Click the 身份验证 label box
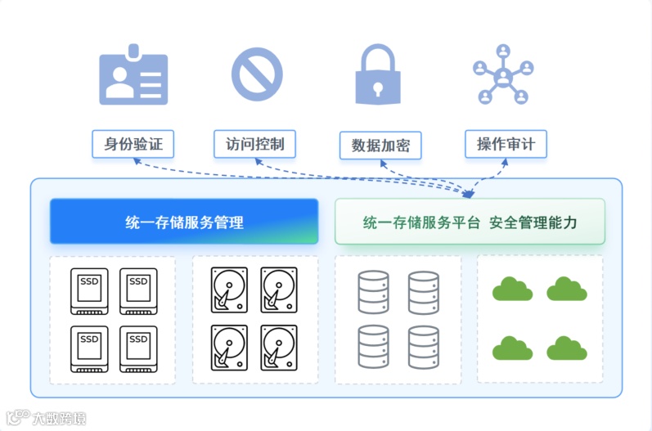[x=133, y=145]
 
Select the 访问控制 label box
[x=254, y=145]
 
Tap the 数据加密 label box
[x=380, y=146]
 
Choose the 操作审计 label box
[x=506, y=145]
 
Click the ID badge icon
[x=133, y=79]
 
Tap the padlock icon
[x=378, y=75]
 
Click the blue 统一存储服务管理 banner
[x=184, y=222]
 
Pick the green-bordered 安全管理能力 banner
[x=470, y=222]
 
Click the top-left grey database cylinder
[x=373, y=292]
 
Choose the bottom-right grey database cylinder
[x=424, y=347]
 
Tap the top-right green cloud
[x=566, y=289]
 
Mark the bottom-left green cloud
[x=512, y=348]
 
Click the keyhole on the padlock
[x=378, y=87]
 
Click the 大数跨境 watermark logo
[x=43, y=417]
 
